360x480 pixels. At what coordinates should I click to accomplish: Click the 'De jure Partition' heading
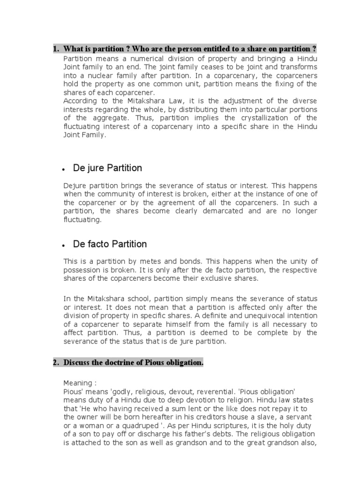click(107, 168)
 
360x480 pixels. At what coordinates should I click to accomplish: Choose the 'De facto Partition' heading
click(110, 244)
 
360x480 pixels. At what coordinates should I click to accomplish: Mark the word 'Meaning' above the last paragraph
click(78, 383)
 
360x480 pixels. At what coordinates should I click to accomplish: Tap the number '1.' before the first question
click(55, 49)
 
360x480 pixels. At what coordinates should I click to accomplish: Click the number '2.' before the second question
click(55, 363)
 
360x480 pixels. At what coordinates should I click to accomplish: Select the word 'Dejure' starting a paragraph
click(74, 186)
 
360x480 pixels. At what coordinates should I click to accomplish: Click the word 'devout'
click(185, 391)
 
